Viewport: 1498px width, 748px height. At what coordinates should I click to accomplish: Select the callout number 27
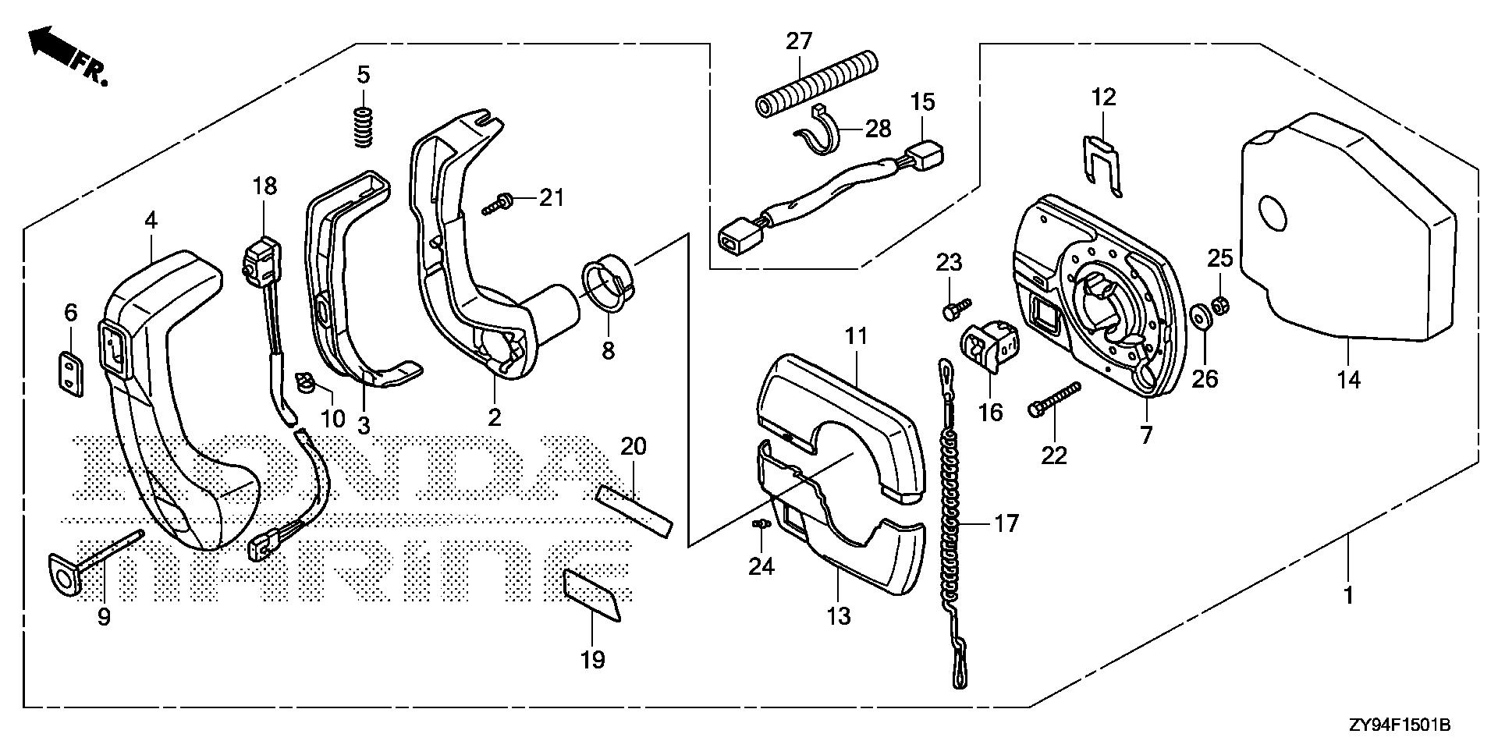(x=799, y=41)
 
